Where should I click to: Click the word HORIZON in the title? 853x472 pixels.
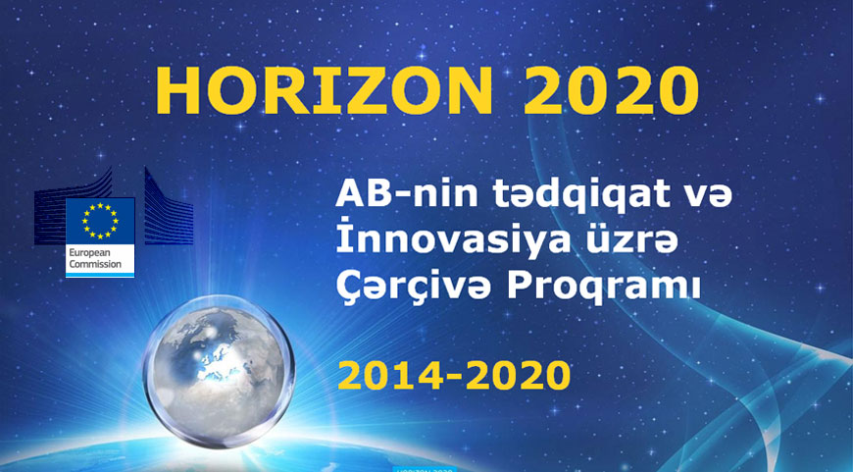325,91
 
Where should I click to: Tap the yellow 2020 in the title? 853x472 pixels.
611,91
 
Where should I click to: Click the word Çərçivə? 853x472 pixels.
414,288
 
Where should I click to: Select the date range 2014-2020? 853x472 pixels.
454,375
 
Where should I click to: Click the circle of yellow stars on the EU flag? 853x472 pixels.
100,221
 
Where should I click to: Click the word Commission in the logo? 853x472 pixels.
95,265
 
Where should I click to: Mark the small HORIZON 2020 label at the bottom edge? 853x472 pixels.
425,469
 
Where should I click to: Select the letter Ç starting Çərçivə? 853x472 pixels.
349,290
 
